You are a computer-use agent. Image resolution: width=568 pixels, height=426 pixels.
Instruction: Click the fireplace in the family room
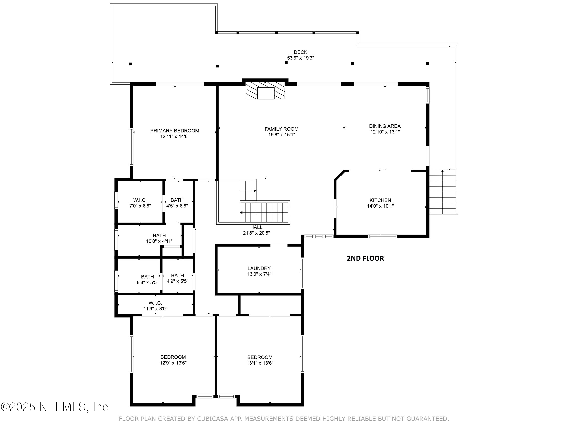click(x=265, y=90)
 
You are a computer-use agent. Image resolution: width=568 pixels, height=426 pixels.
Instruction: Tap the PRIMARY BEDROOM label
click(x=175, y=131)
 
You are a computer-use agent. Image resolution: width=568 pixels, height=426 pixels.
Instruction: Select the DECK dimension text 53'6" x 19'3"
click(x=300, y=58)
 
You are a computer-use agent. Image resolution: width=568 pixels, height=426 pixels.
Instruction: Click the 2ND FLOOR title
click(x=365, y=258)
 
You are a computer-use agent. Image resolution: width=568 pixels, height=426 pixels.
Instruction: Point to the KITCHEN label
click(x=380, y=200)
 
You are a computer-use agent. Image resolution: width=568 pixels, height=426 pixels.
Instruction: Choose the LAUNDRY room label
click(x=259, y=268)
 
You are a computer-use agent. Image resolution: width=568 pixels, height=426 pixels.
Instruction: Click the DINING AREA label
click(x=385, y=126)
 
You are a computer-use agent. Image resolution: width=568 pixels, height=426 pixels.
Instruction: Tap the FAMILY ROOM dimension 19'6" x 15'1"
click(x=282, y=135)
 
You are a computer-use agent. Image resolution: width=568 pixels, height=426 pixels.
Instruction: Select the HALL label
click(x=256, y=227)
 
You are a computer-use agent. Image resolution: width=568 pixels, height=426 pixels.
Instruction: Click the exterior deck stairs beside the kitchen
click(x=442, y=192)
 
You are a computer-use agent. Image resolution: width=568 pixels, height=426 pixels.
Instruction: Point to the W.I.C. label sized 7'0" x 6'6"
click(x=140, y=200)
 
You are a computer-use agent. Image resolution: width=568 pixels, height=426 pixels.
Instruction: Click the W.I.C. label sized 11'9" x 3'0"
click(x=155, y=303)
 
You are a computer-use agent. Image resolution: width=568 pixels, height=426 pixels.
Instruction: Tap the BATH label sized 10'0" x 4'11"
click(x=159, y=236)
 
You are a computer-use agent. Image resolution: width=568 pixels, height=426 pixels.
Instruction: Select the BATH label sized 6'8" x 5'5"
click(x=147, y=277)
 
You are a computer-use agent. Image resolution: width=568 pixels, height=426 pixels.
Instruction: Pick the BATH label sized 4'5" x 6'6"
click(x=177, y=200)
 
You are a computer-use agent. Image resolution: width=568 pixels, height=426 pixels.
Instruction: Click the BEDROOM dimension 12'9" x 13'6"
click(x=173, y=363)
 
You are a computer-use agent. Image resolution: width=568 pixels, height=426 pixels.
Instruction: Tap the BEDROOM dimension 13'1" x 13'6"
click(x=260, y=363)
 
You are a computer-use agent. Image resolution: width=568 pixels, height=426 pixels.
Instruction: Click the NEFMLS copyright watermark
click(x=54, y=407)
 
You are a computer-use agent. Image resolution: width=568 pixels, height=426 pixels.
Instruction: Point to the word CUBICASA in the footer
click(x=213, y=419)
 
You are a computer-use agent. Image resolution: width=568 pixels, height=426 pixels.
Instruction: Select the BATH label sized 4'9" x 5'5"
click(x=177, y=276)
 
